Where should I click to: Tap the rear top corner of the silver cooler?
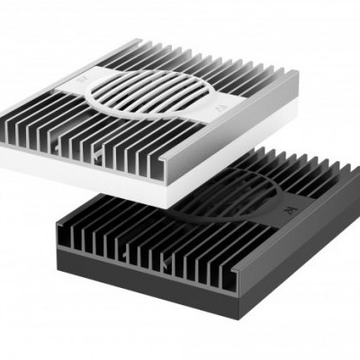[x=139, y=40]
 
